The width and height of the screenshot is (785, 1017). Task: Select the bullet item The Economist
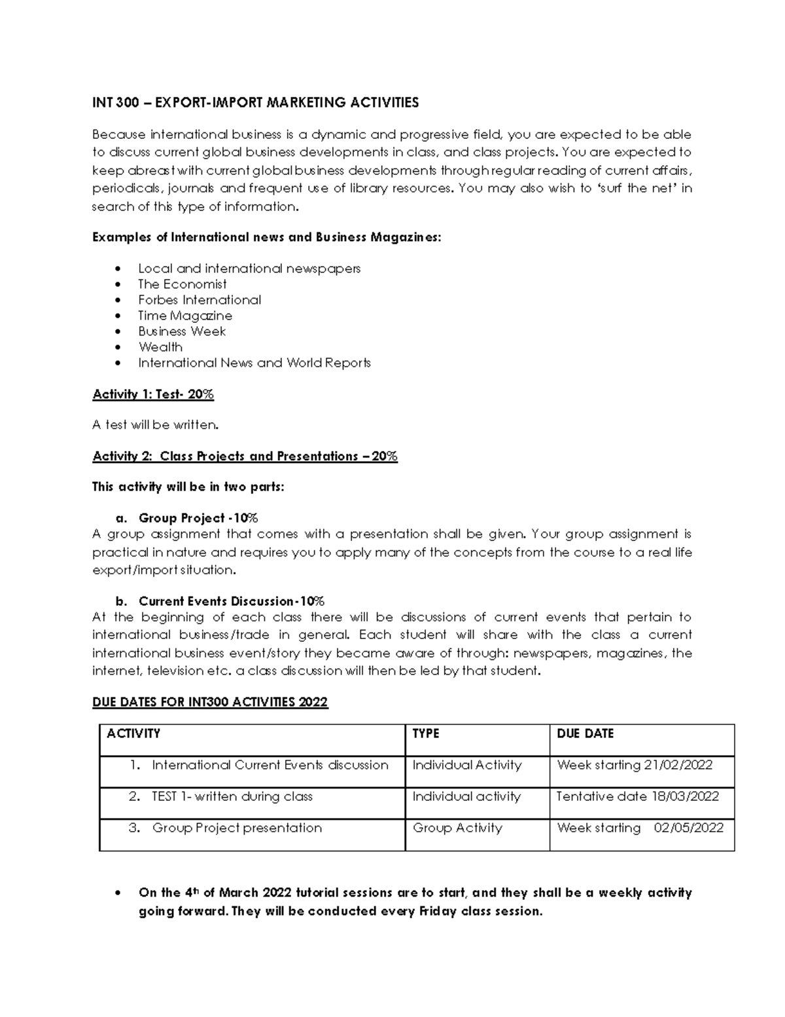[182, 284]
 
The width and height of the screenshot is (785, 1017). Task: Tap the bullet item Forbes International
[199, 300]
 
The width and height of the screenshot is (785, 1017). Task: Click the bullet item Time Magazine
[184, 316]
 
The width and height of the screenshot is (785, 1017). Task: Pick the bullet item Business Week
[181, 331]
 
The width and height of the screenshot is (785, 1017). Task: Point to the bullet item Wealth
[160, 347]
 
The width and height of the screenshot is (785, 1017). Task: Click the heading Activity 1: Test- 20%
[153, 394]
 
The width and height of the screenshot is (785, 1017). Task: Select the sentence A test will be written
[155, 425]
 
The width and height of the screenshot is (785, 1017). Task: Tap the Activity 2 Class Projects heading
[245, 456]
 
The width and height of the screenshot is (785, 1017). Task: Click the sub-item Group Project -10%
[198, 518]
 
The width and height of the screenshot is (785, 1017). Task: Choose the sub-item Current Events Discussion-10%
[231, 601]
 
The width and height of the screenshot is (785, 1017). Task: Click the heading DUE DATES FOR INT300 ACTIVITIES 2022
[210, 702]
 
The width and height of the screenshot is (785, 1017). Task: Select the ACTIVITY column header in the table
[133, 733]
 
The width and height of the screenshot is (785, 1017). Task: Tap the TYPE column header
[425, 733]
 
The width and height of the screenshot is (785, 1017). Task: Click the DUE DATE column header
[585, 733]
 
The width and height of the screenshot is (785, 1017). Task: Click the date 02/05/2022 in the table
[688, 828]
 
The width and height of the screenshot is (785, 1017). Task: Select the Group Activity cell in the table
[457, 828]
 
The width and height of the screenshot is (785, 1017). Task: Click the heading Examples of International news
[266, 237]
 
